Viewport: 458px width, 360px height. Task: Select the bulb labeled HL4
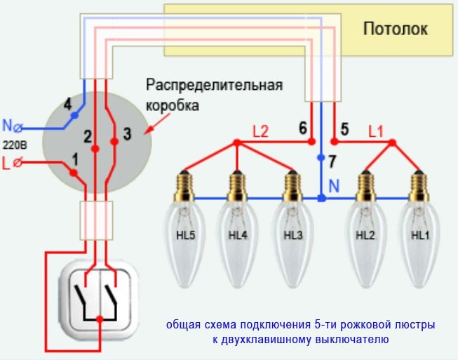click(x=238, y=239)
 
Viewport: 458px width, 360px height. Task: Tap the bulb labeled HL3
click(x=294, y=239)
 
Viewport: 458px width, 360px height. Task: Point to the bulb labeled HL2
click(x=364, y=239)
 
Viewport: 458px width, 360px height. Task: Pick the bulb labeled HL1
click(x=419, y=239)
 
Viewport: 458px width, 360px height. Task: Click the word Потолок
click(x=395, y=29)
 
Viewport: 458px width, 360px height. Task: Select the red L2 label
click(x=261, y=131)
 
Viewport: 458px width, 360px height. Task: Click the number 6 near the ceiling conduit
click(x=302, y=128)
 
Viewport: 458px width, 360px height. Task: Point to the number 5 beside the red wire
click(x=344, y=128)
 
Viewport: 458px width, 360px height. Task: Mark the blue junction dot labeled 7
click(x=322, y=158)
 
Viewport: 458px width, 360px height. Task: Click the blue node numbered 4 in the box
click(x=74, y=115)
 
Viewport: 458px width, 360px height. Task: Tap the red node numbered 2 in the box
click(x=94, y=147)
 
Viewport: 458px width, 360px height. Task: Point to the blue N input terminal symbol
click(x=18, y=128)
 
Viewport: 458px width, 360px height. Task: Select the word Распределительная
click(x=214, y=86)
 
